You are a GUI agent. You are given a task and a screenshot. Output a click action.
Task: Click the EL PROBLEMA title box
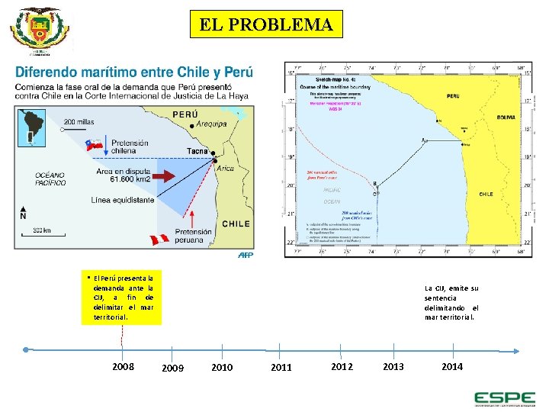tap(266, 24)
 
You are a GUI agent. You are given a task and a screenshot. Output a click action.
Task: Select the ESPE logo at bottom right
tap(504, 398)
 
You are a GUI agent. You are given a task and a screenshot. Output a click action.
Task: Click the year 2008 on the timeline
tap(124, 366)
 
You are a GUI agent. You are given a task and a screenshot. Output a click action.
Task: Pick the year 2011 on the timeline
tap(281, 367)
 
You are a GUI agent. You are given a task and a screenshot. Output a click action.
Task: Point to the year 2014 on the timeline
tap(452, 366)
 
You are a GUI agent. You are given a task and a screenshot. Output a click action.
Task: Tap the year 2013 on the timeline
tap(393, 366)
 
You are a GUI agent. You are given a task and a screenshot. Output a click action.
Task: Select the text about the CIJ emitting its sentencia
tap(451, 302)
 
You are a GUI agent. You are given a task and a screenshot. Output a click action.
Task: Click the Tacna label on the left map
tap(197, 152)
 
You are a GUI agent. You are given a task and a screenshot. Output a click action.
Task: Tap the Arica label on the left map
tap(226, 169)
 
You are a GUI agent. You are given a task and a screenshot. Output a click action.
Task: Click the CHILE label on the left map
tap(236, 224)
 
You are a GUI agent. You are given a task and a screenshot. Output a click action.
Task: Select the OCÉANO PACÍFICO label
tap(50, 179)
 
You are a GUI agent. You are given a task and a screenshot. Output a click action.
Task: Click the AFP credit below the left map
tap(245, 256)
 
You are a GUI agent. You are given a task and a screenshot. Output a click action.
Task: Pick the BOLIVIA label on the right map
tap(505, 117)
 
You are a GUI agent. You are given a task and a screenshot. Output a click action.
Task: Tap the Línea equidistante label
tap(123, 200)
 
